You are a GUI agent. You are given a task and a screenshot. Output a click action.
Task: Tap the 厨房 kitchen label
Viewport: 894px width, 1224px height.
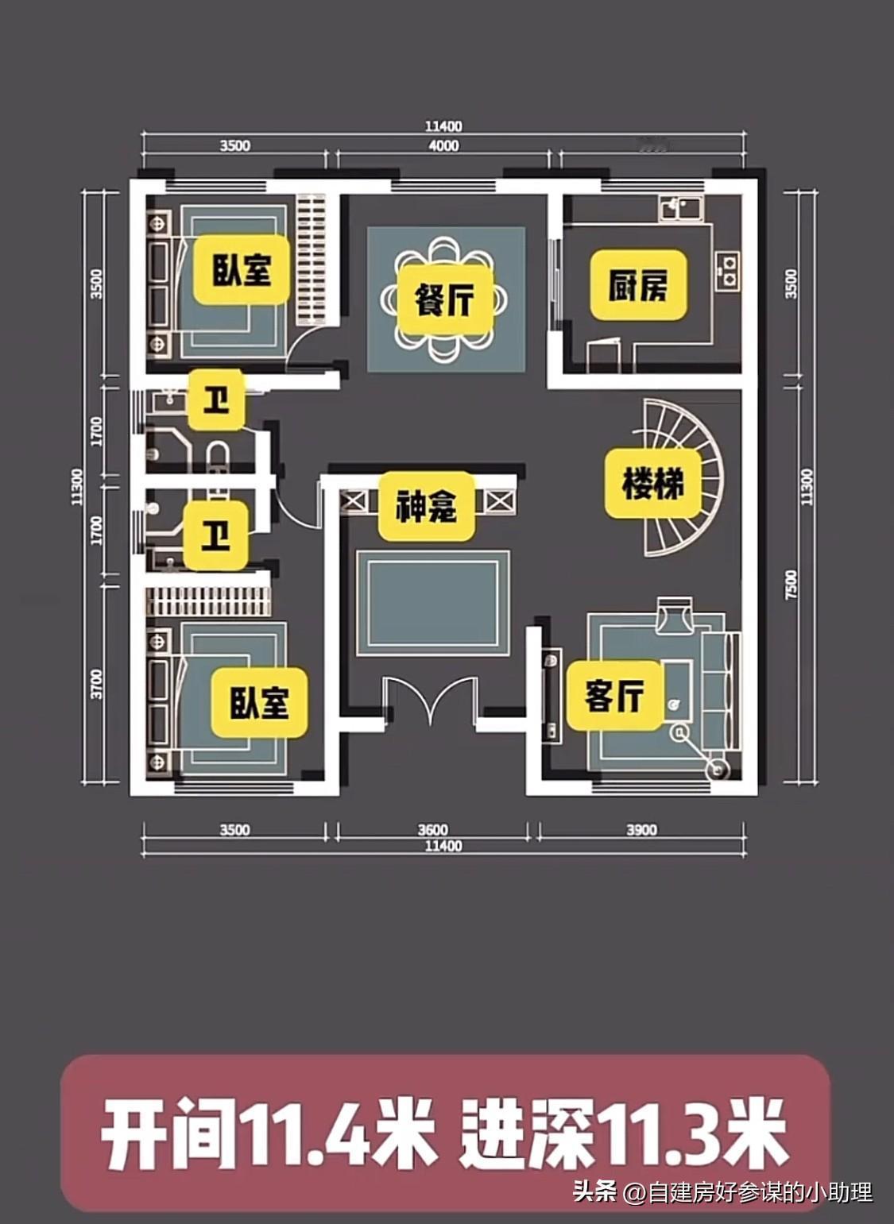point(637,285)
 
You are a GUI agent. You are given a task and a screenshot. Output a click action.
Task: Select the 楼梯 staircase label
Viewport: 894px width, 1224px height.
point(653,483)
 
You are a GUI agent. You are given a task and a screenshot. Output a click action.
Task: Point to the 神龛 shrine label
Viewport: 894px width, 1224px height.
point(427,506)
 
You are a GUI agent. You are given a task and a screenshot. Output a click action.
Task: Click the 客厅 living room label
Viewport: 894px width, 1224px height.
point(614,695)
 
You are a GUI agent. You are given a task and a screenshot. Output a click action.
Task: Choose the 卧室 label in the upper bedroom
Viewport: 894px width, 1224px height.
point(242,270)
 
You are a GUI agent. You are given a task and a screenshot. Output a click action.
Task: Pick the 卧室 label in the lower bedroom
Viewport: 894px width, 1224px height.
point(259,702)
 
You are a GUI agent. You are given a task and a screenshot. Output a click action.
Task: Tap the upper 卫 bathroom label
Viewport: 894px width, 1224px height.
point(215,401)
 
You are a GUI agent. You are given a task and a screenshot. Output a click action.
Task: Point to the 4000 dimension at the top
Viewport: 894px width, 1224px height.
point(443,145)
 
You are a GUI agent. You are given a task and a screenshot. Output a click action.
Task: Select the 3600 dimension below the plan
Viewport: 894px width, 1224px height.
point(433,830)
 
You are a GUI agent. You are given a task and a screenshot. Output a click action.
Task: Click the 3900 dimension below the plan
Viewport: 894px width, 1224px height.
point(641,830)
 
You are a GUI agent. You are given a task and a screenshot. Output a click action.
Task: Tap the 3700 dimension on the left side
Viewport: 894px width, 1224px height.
point(97,684)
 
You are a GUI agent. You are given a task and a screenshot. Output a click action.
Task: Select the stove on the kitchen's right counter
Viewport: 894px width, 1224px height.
point(727,268)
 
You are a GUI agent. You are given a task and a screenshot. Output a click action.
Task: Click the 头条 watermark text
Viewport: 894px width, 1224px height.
point(595,1191)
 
